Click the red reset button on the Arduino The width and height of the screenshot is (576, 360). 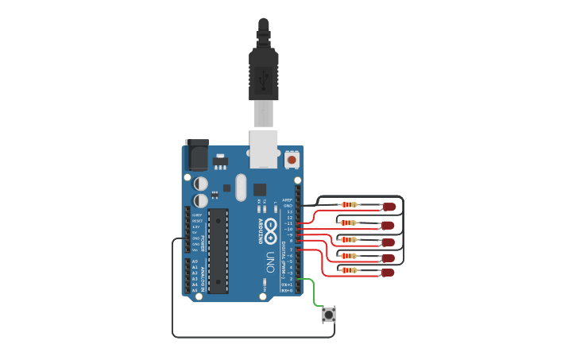(x=292, y=160)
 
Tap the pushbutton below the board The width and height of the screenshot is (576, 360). (x=328, y=315)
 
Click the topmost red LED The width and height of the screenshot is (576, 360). (x=389, y=207)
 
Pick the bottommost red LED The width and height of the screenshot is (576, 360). (x=388, y=272)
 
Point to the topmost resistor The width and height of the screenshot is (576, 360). (x=349, y=204)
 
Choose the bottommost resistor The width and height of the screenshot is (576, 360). (x=349, y=270)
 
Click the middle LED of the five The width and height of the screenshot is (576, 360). (x=389, y=239)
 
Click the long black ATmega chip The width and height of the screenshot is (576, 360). (x=218, y=245)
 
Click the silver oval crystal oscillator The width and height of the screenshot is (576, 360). (x=240, y=189)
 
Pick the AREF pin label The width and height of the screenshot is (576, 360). (x=288, y=200)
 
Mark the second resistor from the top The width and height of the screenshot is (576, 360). (x=349, y=223)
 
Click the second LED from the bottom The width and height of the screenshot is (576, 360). (x=389, y=257)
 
